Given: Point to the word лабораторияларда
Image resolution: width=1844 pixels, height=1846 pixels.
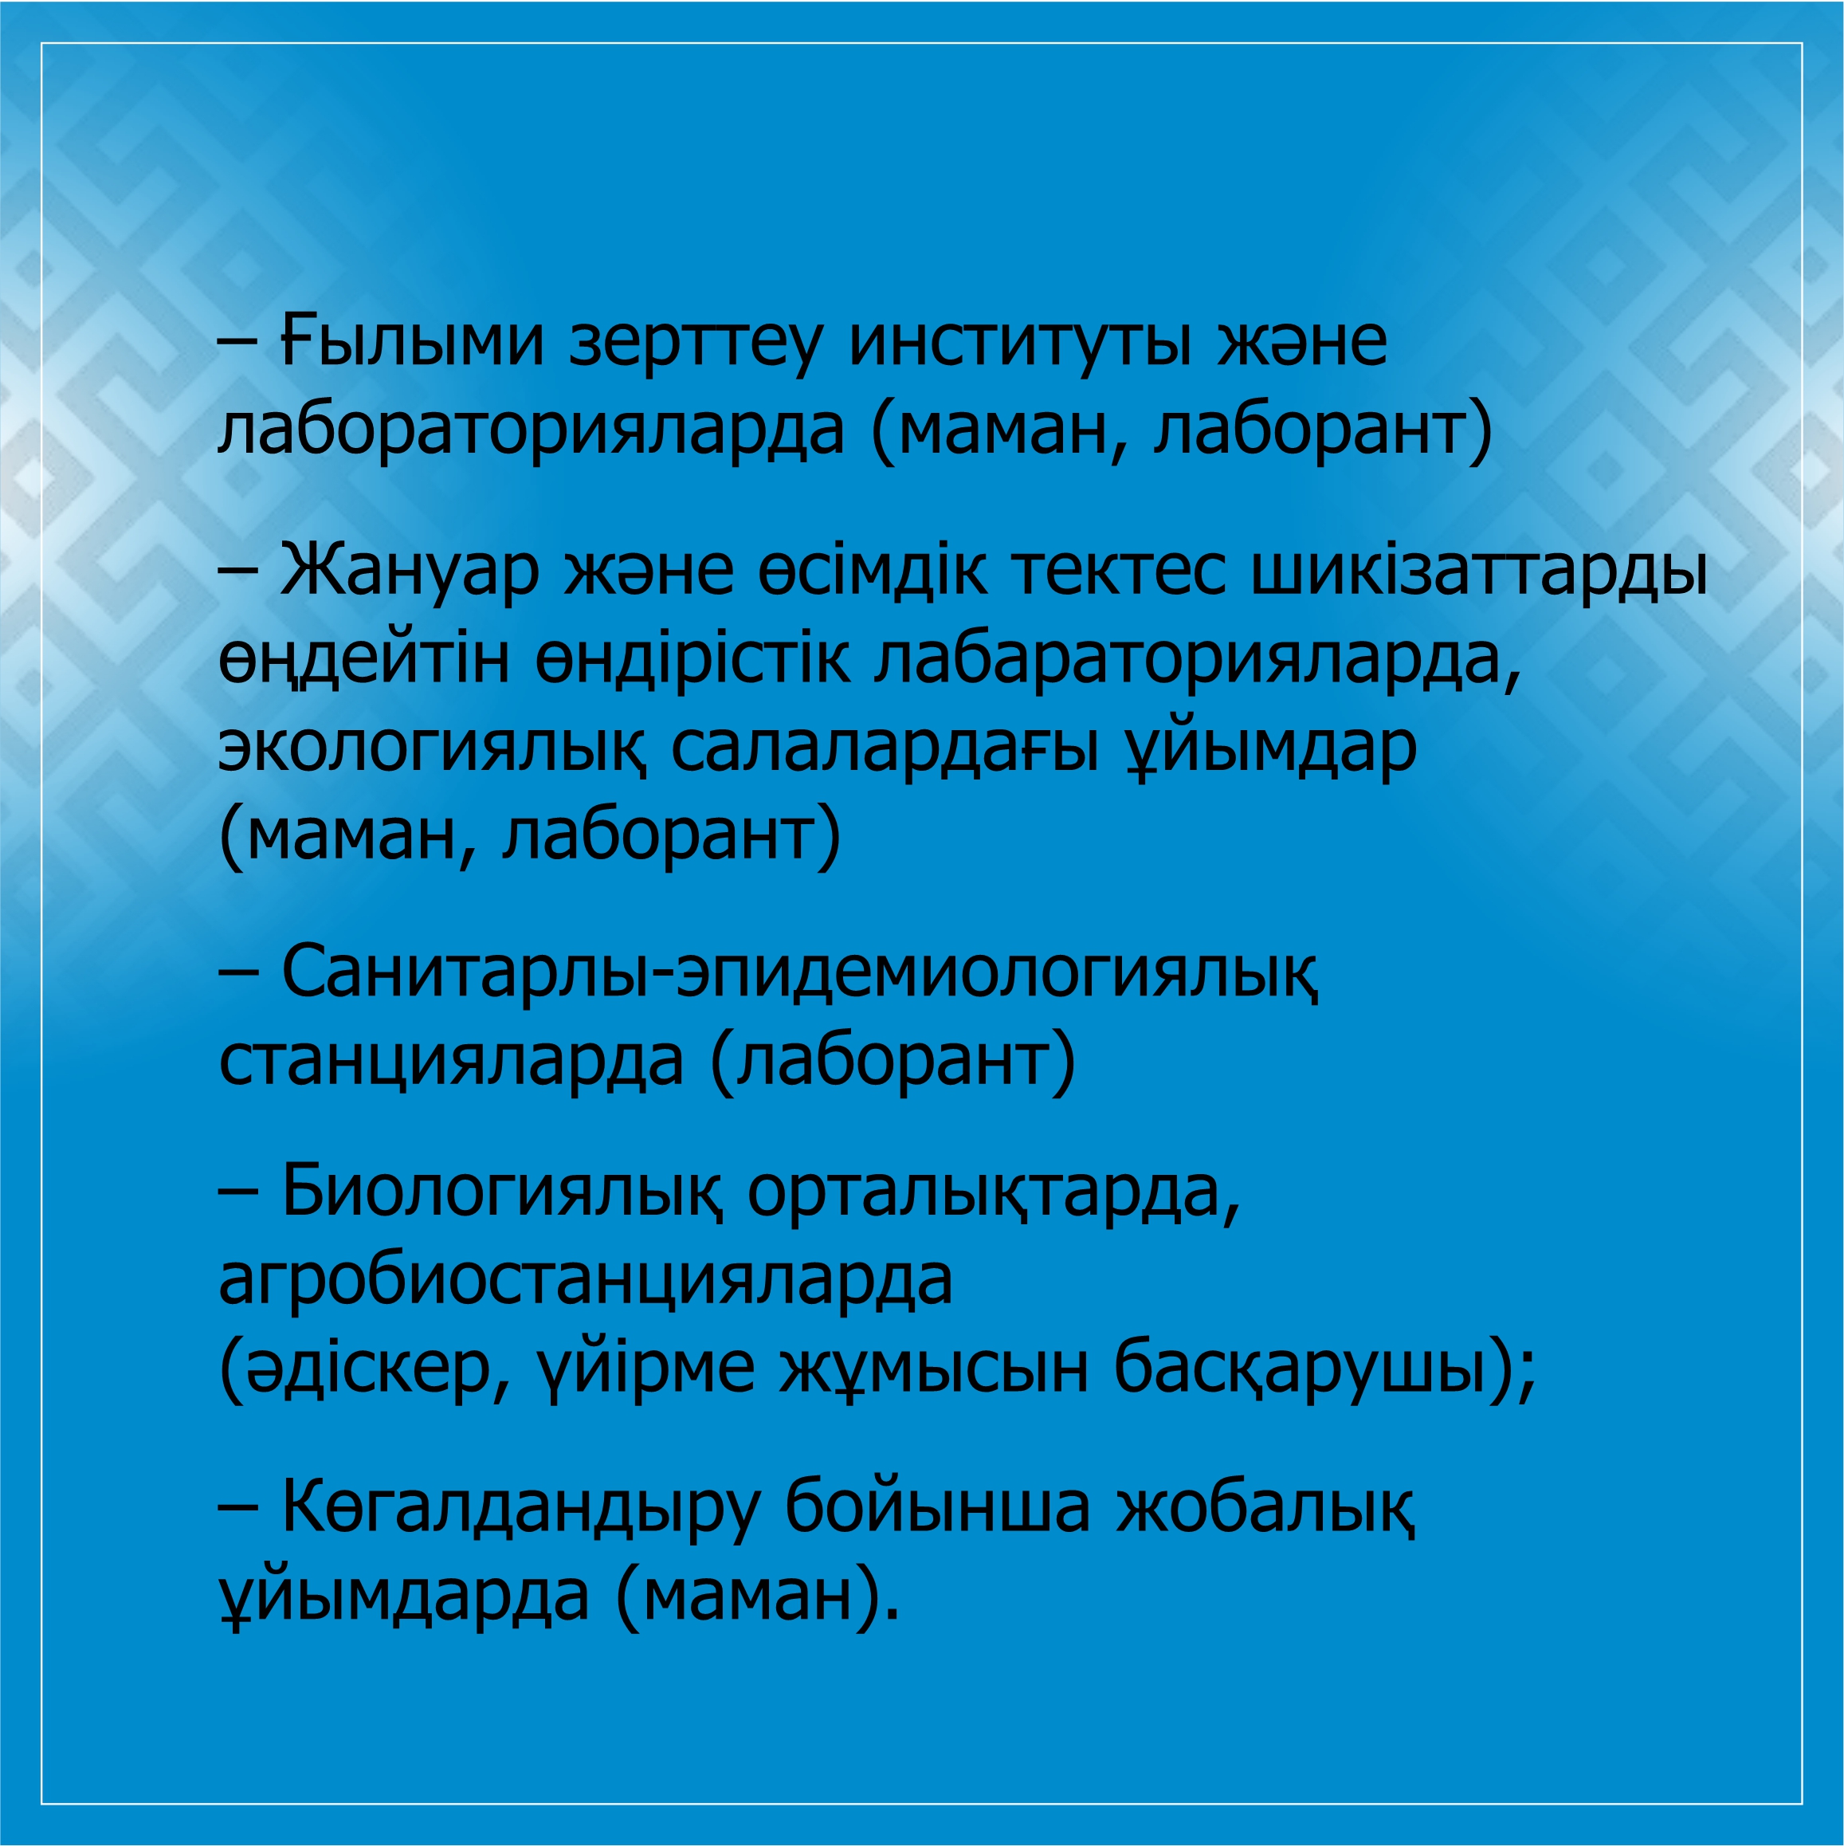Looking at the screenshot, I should tap(532, 430).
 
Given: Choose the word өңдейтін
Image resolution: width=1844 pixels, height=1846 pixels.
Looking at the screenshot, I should tap(364, 659).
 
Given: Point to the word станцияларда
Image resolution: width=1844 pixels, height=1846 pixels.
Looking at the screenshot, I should tap(451, 1061).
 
